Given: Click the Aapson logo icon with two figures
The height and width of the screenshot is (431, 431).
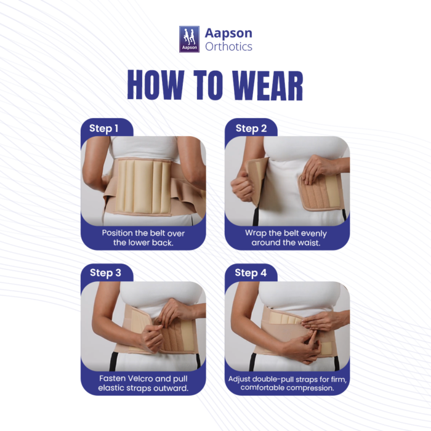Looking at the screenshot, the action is click(x=189, y=39).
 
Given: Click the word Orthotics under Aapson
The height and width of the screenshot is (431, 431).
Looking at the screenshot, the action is click(x=228, y=46).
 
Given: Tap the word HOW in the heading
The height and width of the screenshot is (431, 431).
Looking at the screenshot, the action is click(x=156, y=85).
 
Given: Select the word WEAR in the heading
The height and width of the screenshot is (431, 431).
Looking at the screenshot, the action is click(x=267, y=85).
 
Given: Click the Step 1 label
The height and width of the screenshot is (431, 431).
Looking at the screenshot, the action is click(x=103, y=128).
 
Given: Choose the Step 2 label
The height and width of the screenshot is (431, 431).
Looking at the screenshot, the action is click(x=251, y=128).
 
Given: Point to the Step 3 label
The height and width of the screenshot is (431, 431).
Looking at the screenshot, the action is click(x=105, y=273).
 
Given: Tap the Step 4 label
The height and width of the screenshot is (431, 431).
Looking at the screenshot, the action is click(x=251, y=273).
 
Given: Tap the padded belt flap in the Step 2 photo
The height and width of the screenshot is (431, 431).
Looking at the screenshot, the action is click(x=320, y=191).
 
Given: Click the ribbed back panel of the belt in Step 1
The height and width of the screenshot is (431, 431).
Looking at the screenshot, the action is click(x=142, y=186).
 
